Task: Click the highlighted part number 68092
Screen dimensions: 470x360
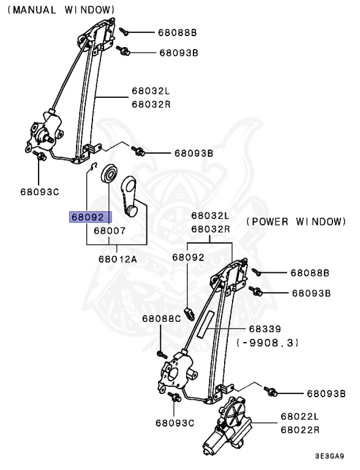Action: point(91,217)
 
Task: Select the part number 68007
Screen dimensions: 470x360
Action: point(110,231)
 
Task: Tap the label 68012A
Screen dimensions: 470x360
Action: point(118,258)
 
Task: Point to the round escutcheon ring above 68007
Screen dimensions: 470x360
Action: point(109,174)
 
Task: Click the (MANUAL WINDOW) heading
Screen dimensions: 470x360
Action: point(61,10)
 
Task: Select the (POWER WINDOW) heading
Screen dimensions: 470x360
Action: point(296,221)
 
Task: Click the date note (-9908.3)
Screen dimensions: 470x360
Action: point(268,343)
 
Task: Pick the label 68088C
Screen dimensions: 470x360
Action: point(162,318)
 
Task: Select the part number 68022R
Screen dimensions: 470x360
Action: point(300,430)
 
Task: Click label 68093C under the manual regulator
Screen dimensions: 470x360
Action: point(39,192)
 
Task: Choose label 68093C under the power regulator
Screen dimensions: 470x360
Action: point(174,422)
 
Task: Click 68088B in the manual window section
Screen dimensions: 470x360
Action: point(178,31)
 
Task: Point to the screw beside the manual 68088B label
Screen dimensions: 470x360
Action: point(124,29)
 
